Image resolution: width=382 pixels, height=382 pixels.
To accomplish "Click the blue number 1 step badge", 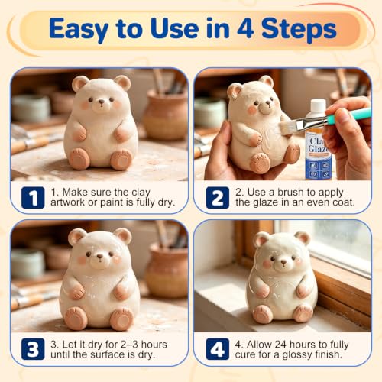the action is (x=33, y=198).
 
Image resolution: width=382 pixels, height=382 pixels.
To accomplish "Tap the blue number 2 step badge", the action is (x=218, y=198).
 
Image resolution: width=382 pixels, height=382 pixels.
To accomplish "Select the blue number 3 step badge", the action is (x=33, y=349).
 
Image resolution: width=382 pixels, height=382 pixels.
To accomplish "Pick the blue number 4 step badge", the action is (x=218, y=349).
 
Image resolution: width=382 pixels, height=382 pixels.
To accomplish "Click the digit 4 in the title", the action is (x=246, y=28).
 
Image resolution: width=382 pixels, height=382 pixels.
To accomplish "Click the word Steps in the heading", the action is (x=299, y=28).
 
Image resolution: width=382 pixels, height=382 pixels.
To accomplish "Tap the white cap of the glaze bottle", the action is (x=318, y=106).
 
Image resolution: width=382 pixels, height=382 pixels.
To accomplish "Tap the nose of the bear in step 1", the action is (x=102, y=102).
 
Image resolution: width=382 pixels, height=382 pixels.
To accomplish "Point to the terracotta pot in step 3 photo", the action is (x=167, y=270).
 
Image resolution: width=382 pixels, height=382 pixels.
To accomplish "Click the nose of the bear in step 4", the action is (x=283, y=261).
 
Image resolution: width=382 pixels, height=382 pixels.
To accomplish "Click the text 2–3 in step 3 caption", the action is (x=129, y=345).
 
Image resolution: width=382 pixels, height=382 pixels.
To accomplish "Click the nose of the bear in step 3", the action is (x=100, y=256).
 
